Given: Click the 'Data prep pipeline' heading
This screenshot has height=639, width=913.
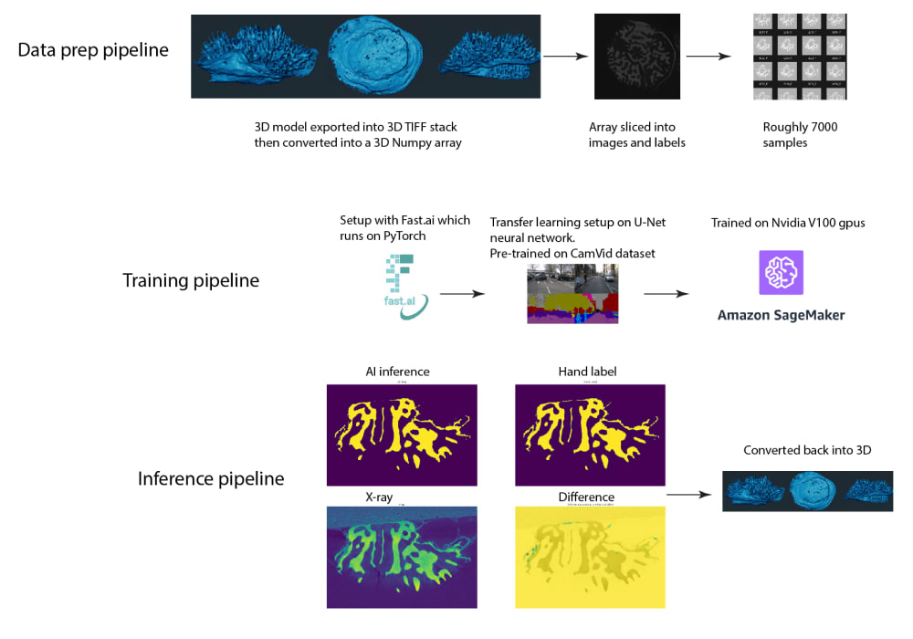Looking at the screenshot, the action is [x=93, y=50].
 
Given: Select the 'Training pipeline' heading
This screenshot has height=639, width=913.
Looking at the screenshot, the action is [x=191, y=280].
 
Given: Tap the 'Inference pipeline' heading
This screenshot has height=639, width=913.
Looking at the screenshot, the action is [x=211, y=478].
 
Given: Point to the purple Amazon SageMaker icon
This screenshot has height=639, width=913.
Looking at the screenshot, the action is [x=781, y=272].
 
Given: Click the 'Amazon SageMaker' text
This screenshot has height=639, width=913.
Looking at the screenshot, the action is [x=781, y=316].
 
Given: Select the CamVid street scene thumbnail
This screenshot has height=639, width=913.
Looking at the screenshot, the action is [x=572, y=293].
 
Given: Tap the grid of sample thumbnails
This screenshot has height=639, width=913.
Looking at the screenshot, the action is [x=800, y=56].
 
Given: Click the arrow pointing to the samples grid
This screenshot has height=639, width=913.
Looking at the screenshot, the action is [x=709, y=56].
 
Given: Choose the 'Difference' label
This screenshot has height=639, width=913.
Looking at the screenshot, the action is [x=586, y=498].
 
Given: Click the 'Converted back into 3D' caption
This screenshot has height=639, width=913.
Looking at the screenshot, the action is [x=807, y=450].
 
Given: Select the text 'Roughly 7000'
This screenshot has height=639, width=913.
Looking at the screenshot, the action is [x=800, y=127].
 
